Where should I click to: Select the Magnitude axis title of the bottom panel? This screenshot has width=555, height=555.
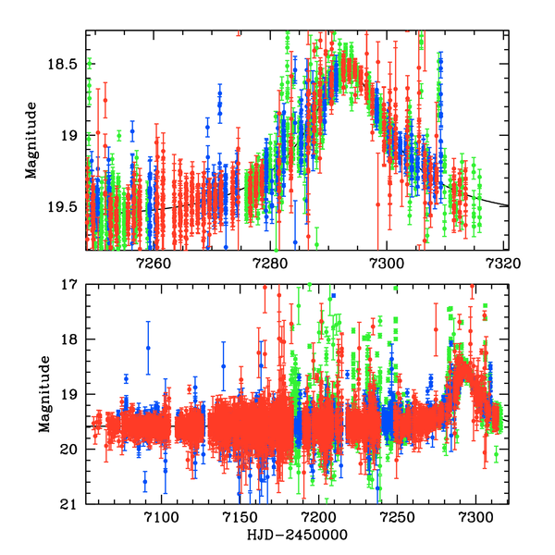[44, 394]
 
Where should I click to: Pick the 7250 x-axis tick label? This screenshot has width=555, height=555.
[399, 519]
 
